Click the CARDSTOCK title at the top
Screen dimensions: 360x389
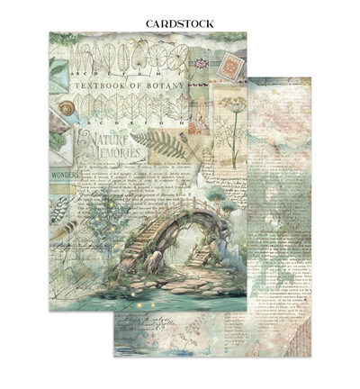tap(180, 23)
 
